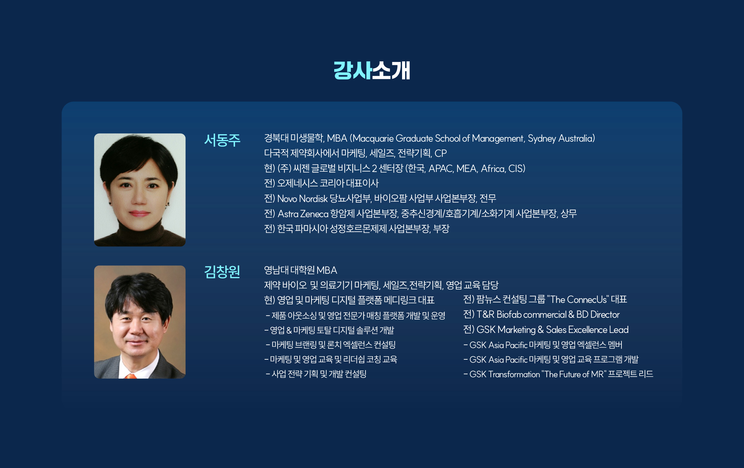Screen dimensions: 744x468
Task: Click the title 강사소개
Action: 372,71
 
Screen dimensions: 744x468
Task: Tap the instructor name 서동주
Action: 222,140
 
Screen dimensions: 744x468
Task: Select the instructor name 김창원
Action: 222,272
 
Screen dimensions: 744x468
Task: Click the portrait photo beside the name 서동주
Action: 140,190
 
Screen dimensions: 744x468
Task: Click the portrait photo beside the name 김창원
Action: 140,322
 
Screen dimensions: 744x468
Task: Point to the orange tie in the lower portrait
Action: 131,376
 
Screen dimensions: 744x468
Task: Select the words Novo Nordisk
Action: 302,199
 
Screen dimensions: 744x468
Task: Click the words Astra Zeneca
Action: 303,214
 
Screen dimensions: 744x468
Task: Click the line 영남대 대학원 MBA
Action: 300,270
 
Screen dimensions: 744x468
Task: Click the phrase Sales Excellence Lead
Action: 587,330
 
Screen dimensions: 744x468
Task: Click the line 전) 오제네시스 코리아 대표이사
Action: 321,183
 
